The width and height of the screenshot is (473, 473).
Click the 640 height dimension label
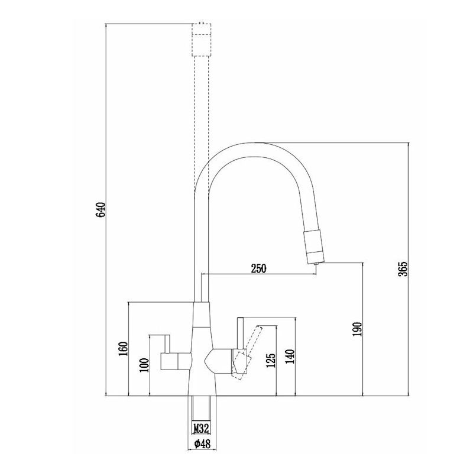(x=101, y=209)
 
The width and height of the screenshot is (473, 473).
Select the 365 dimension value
(x=403, y=269)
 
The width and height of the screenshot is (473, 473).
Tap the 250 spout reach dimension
(x=259, y=268)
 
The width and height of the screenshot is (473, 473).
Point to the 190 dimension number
(x=357, y=329)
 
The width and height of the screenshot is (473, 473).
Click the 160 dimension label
(x=123, y=348)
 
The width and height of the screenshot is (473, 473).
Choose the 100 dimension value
(x=144, y=365)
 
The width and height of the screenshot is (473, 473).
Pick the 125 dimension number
(x=271, y=360)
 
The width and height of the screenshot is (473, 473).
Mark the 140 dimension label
(x=290, y=357)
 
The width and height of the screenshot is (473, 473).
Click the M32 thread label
(x=201, y=427)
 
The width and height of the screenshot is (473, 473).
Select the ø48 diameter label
(x=202, y=443)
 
